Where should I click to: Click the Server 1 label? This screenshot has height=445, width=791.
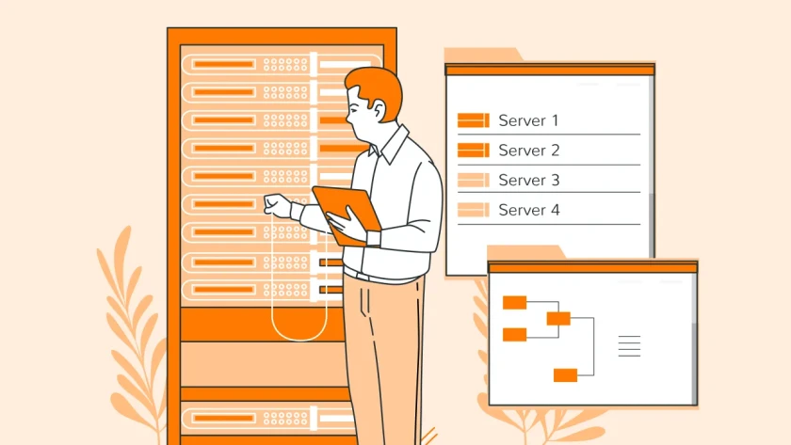tap(528, 120)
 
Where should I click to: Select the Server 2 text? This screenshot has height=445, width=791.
tap(528, 151)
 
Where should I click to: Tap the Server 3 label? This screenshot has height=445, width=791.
tap(528, 181)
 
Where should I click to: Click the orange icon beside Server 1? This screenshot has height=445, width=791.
tap(473, 120)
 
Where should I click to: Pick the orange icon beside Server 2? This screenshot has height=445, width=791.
tap(473, 151)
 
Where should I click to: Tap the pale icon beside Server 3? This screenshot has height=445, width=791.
tap(473, 181)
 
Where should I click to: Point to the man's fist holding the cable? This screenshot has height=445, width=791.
tap(277, 205)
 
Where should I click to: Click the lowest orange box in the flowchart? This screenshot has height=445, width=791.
tap(565, 375)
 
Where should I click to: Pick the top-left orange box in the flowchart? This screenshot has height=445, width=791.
tap(514, 302)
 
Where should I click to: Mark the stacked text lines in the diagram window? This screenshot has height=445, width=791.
tap(629, 345)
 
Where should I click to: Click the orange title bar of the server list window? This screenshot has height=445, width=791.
tap(549, 69)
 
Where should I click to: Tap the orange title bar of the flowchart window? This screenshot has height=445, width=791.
tap(592, 267)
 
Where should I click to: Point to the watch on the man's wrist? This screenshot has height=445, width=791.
tap(373, 238)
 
